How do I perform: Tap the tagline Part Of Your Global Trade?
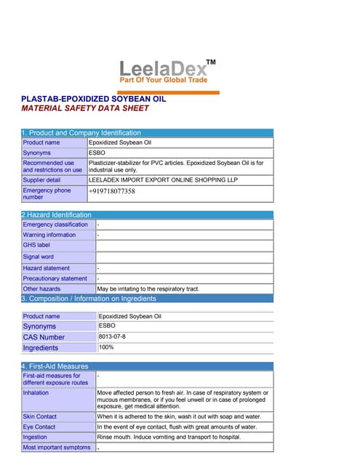(x=163, y=80)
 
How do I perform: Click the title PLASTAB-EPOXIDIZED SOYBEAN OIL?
(x=94, y=98)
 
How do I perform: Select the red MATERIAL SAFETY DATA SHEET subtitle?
(x=85, y=108)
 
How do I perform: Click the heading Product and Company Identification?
(x=81, y=133)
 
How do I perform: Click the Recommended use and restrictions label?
(x=52, y=166)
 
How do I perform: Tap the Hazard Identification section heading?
(x=57, y=215)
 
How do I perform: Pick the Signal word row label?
(x=38, y=256)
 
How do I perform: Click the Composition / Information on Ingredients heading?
(x=88, y=299)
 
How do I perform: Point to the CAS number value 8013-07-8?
(x=111, y=336)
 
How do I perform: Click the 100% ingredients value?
(x=106, y=347)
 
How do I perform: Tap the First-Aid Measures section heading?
(x=55, y=366)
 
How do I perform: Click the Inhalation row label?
(x=36, y=392)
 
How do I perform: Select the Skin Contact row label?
(x=39, y=416)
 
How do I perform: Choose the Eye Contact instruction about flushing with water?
(x=177, y=426)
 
